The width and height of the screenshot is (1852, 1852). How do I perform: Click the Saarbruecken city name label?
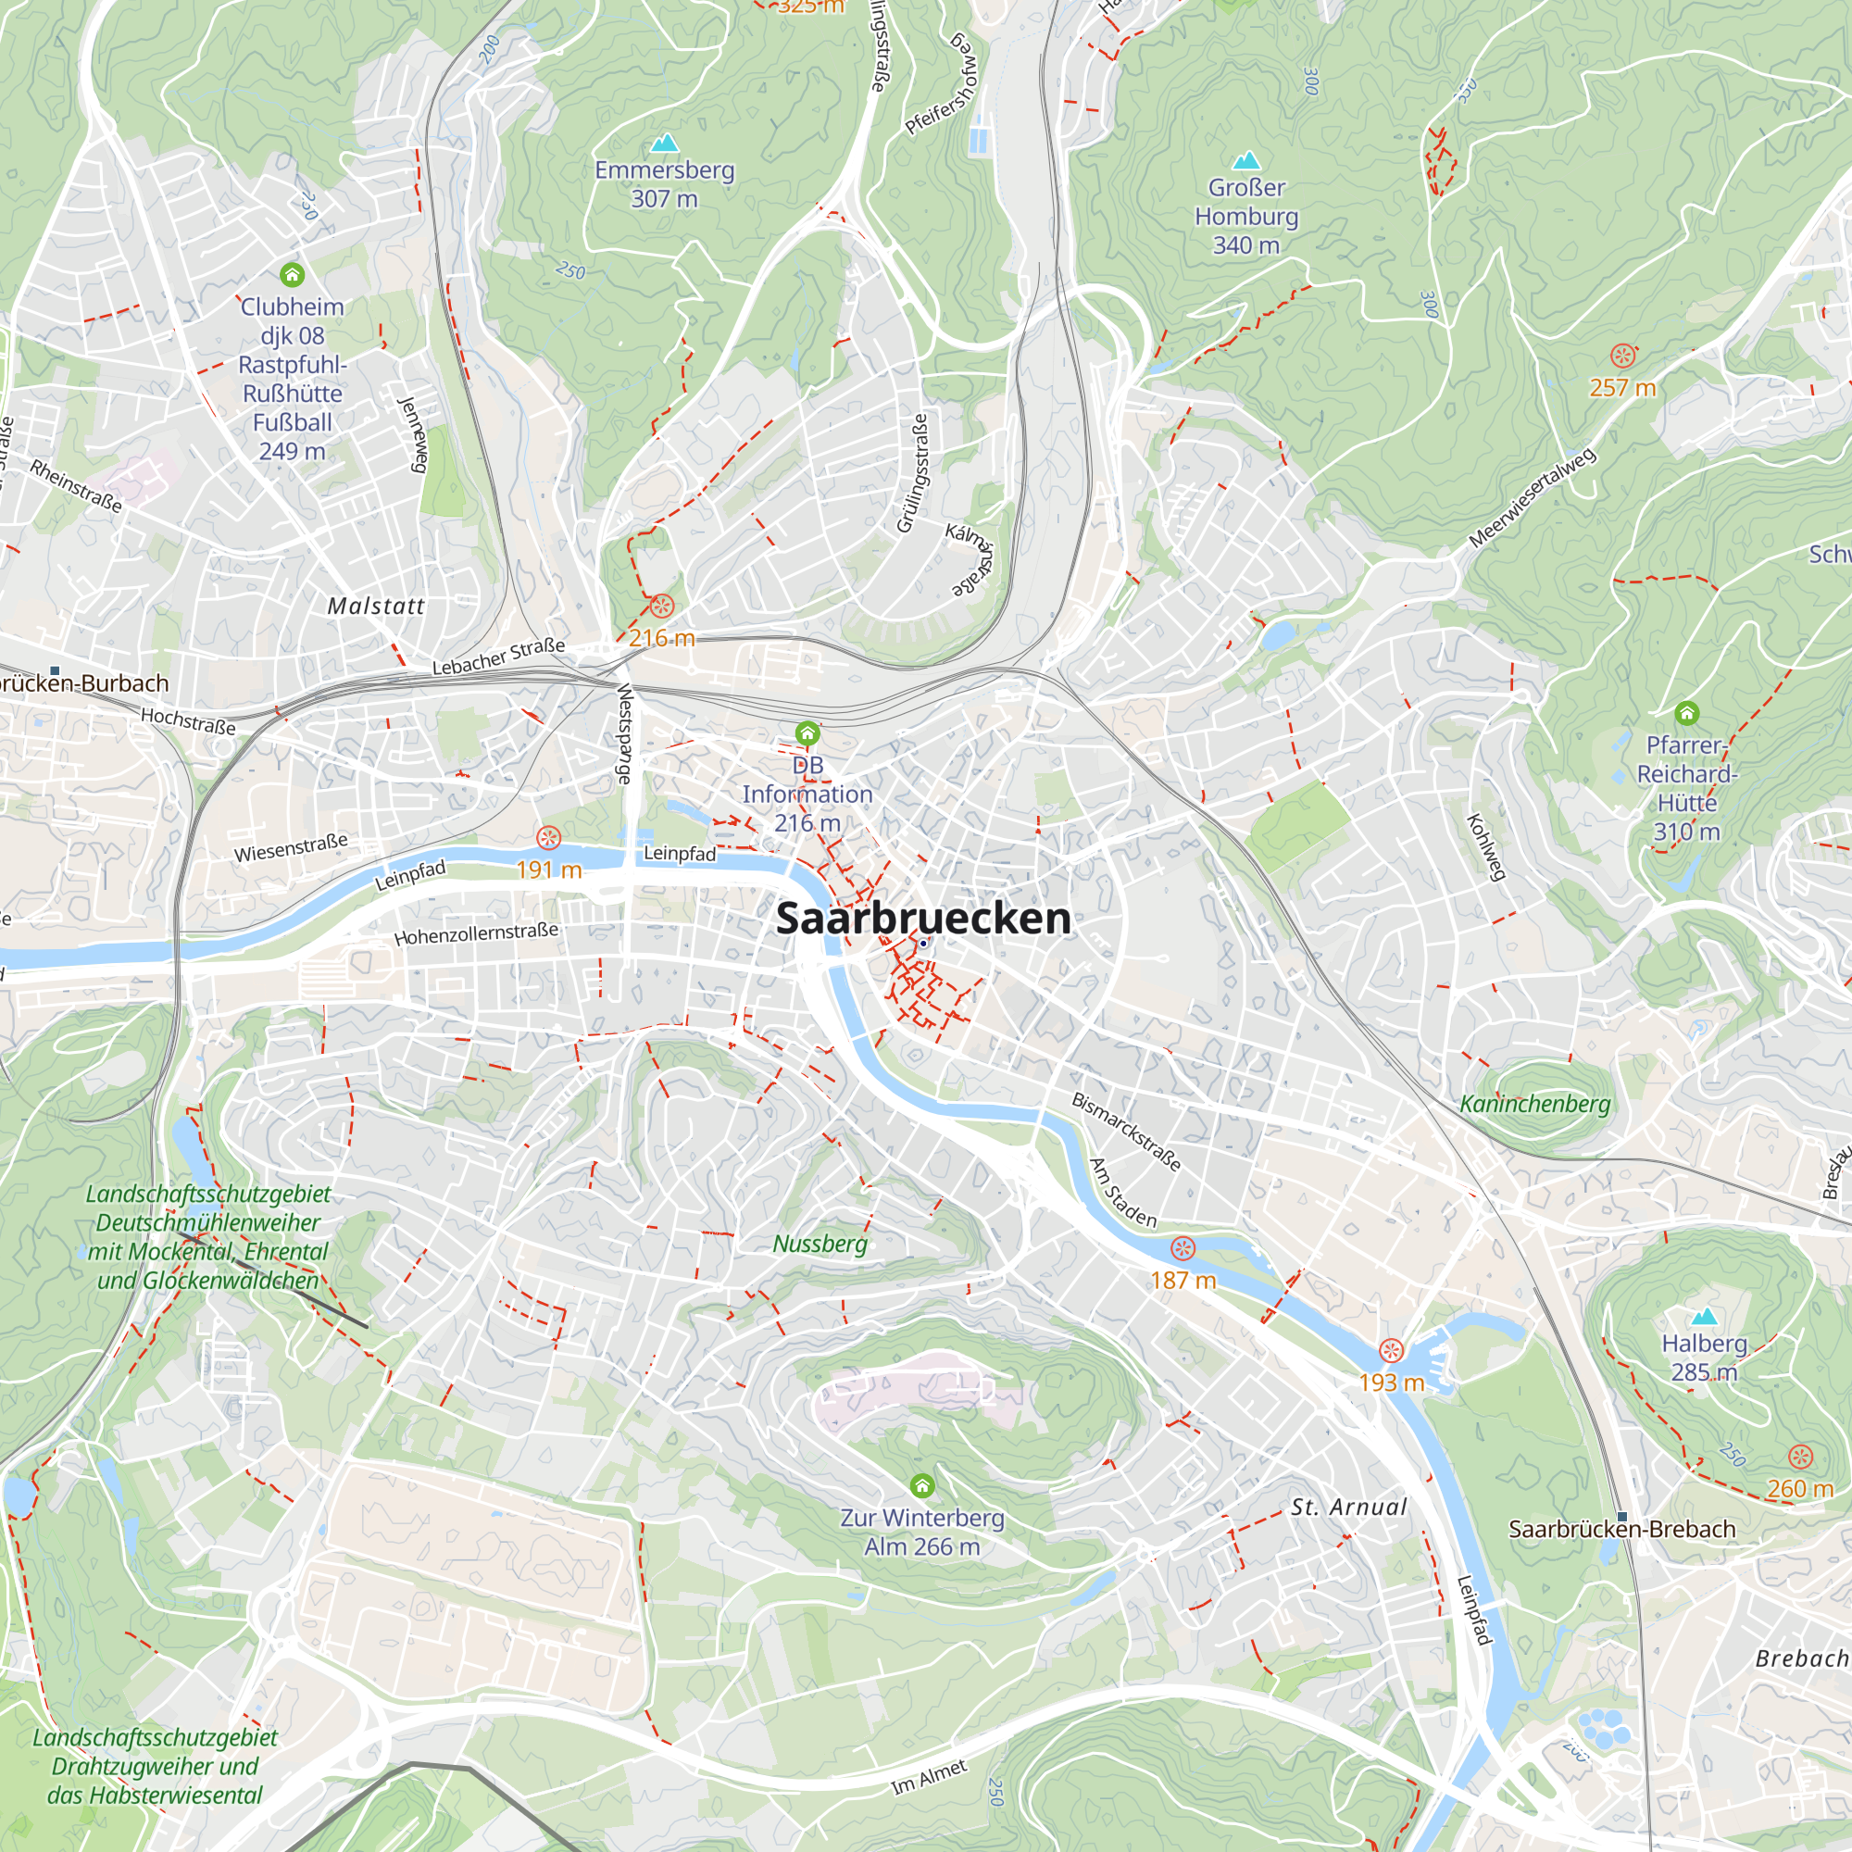[x=922, y=918]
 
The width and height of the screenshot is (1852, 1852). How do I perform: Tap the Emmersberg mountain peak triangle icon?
[x=664, y=144]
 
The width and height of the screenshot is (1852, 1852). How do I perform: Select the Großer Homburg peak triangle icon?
[x=1245, y=160]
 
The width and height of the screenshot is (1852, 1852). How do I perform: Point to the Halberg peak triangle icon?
[x=1704, y=1316]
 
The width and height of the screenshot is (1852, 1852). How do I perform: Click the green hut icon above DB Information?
[x=807, y=734]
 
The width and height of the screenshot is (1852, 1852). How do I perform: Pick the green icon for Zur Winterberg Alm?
[x=921, y=1485]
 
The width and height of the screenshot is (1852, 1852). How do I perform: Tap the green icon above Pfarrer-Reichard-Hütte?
[x=1686, y=713]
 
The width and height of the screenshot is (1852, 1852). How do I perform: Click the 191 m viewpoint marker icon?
[x=548, y=839]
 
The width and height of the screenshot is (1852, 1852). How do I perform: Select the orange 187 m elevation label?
[x=1183, y=1280]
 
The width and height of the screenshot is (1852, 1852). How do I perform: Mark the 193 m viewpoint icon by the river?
[x=1391, y=1351]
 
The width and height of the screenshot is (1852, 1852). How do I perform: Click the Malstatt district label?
[x=376, y=606]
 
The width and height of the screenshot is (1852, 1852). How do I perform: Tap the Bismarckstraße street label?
[x=1125, y=1132]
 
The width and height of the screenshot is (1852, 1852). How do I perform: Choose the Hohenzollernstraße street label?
[x=475, y=932]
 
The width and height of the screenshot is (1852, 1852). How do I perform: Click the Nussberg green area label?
[x=820, y=1244]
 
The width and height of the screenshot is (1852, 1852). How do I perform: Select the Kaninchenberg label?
[x=1533, y=1104]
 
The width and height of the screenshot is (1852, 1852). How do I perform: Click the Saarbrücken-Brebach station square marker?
[x=1622, y=1518]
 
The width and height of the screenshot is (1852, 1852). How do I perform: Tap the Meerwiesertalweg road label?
[x=1532, y=497]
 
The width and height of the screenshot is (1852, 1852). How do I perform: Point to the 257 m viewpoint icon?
[x=1622, y=356]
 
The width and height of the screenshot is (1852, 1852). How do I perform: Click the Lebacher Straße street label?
[x=497, y=657]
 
